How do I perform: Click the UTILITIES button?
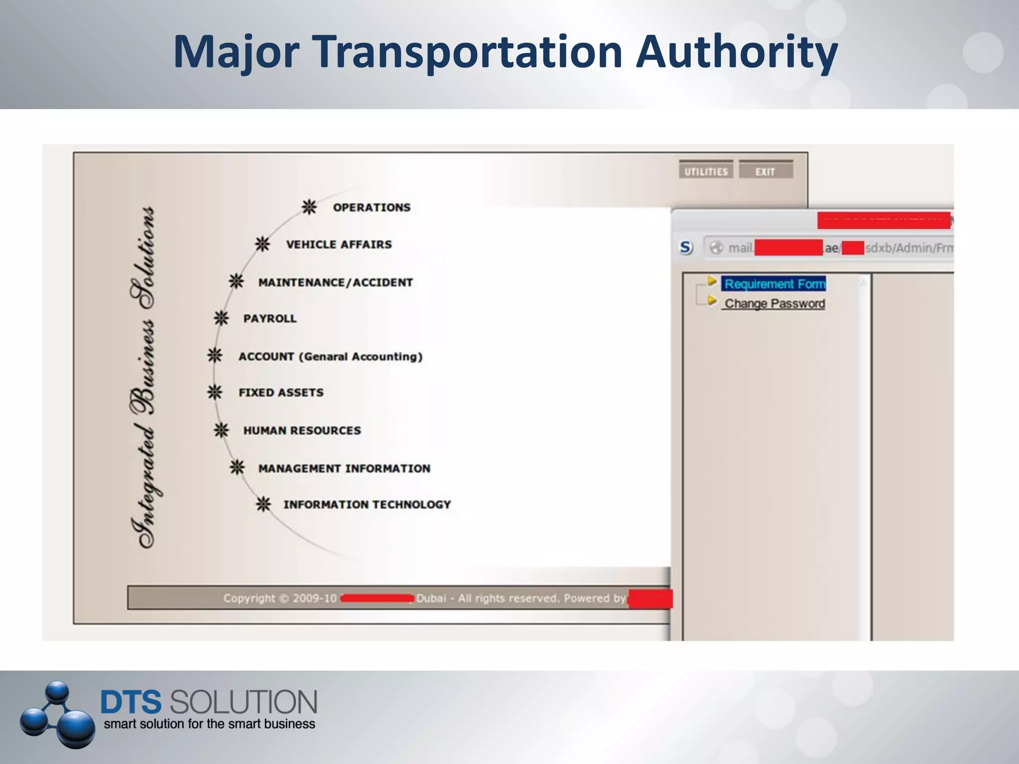(x=706, y=171)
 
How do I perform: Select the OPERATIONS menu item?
(x=372, y=207)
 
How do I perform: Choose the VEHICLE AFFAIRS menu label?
(x=339, y=244)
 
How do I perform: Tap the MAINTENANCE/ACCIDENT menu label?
(x=335, y=283)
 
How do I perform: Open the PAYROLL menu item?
(x=270, y=318)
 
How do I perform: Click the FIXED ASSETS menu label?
(x=281, y=392)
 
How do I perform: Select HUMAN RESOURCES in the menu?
(x=302, y=430)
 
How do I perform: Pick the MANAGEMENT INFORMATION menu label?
(x=344, y=468)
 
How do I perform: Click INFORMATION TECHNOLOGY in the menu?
(x=367, y=504)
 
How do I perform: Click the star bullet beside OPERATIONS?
(x=309, y=207)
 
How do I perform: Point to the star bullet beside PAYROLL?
(x=221, y=318)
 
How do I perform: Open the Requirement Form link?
(x=775, y=284)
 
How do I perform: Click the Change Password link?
(x=775, y=303)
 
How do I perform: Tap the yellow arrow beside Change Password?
(x=712, y=301)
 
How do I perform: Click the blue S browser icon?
(x=686, y=247)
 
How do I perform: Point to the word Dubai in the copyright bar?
(x=431, y=598)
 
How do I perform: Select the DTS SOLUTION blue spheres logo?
(x=57, y=714)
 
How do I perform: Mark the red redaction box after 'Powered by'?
(x=650, y=598)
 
